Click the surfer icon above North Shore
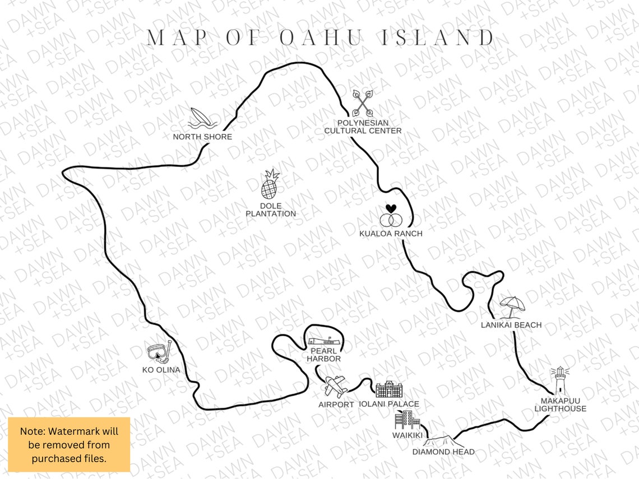pyautogui.click(x=201, y=119)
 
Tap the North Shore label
pyautogui.click(x=202, y=137)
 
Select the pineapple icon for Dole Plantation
pyautogui.click(x=270, y=185)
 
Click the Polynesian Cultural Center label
pyautogui.click(x=363, y=127)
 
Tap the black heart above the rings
pyautogui.click(x=391, y=208)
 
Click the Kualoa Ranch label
pyautogui.click(x=391, y=233)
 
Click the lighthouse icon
pyautogui.click(x=559, y=381)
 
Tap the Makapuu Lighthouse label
pyautogui.click(x=560, y=404)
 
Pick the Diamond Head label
pyautogui.click(x=443, y=452)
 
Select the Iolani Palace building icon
pyautogui.click(x=389, y=390)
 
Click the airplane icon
pyautogui.click(x=336, y=387)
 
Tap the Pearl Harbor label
pyautogui.click(x=323, y=355)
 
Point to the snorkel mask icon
pyautogui.click(x=159, y=352)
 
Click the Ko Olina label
pyautogui.click(x=161, y=370)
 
